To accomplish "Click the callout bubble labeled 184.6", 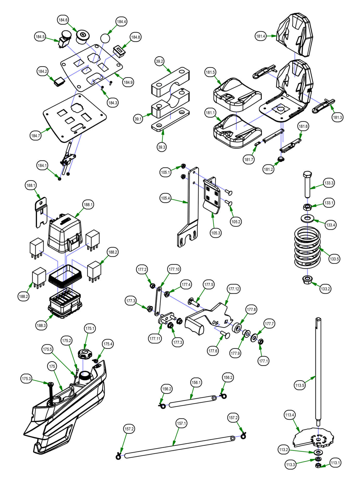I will [63, 20].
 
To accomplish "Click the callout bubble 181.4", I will [261, 36].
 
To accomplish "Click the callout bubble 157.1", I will [181, 423].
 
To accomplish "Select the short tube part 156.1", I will [192, 401].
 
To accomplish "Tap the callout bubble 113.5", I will [300, 385].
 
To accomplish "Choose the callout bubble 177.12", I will [234, 289].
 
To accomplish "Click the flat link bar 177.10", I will [158, 302].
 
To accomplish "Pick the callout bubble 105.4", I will [165, 198].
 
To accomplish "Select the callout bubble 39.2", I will [160, 61].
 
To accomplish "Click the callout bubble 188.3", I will [41, 326].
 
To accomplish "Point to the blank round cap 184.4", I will [105, 38].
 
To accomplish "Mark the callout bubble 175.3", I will [26, 379].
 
